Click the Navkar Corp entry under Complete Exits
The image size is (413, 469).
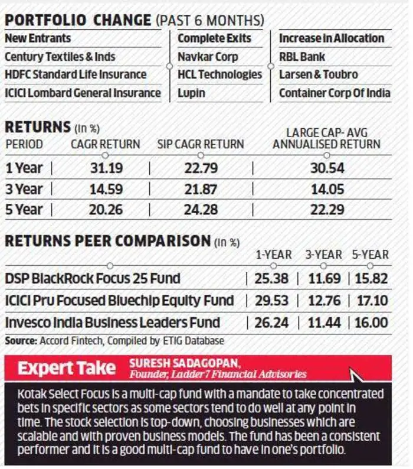208,57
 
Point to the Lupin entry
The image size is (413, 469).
192,93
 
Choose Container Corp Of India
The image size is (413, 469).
335,93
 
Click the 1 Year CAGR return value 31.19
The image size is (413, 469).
106,168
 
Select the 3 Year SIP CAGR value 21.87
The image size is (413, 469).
201,189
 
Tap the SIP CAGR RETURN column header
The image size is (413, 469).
201,144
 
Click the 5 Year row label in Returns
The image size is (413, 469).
24,210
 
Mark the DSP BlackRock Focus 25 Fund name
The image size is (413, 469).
93,278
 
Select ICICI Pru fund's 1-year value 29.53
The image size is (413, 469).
272,300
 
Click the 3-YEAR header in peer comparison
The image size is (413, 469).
323,255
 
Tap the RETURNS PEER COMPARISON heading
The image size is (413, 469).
108,241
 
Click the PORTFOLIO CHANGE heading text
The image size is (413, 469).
78,20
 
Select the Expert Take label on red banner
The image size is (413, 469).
66,368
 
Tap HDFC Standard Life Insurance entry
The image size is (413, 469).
76,74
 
